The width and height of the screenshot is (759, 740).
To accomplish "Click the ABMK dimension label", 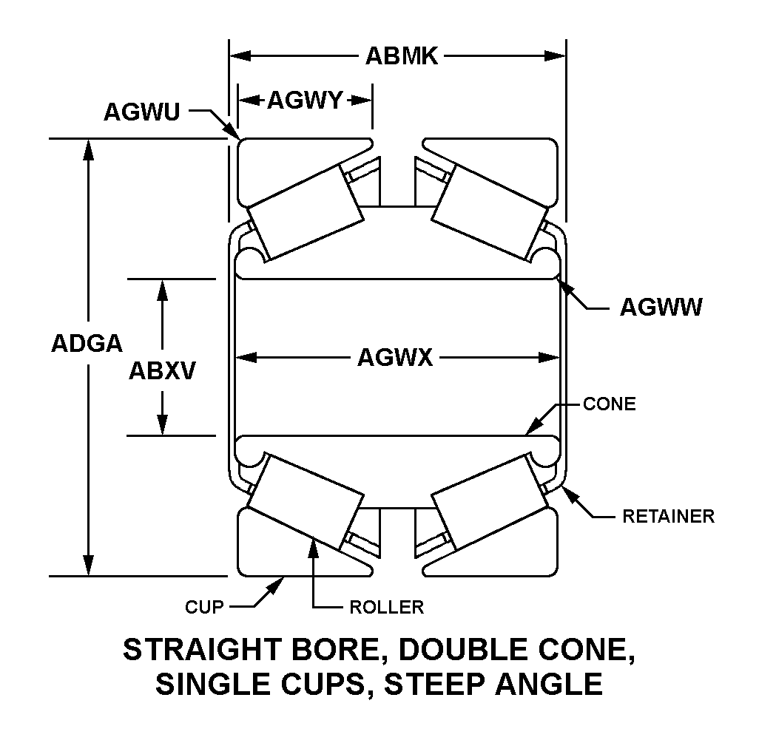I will coord(402,56).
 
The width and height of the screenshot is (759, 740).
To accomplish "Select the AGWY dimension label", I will coord(305,100).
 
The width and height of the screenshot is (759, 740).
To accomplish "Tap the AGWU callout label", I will coord(141,112).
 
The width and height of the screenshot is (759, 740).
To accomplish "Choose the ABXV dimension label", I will coord(162,370).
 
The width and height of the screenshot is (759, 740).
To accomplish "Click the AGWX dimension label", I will coord(395,359).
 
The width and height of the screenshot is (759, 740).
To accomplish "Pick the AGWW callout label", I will coord(661,308).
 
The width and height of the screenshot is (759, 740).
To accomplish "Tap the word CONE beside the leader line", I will coord(610,404).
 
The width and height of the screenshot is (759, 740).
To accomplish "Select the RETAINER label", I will coord(668,516).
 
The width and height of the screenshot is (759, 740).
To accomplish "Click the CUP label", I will coord(203,608).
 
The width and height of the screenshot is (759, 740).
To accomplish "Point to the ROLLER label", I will coord(386,608).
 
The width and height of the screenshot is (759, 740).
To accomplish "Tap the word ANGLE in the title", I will coord(554,684).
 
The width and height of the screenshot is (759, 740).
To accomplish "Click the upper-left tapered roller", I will coord(306,211).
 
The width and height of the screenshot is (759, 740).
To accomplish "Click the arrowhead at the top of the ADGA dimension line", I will coord(89,149).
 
